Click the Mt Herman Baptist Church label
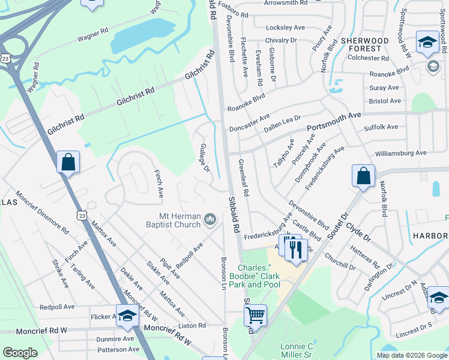coord(170,220)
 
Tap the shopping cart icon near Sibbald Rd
coord(256,316)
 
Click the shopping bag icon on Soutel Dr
coord(363,176)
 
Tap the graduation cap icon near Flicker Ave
coord(127,316)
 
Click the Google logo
coord(20,353)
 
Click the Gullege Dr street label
coord(204,158)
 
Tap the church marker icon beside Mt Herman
coord(210,220)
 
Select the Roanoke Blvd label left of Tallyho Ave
coord(246,103)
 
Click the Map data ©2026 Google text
coord(411,355)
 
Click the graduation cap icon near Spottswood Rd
coord(427,43)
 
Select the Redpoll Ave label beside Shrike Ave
coord(56,307)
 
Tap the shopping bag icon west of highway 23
coord(68,162)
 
